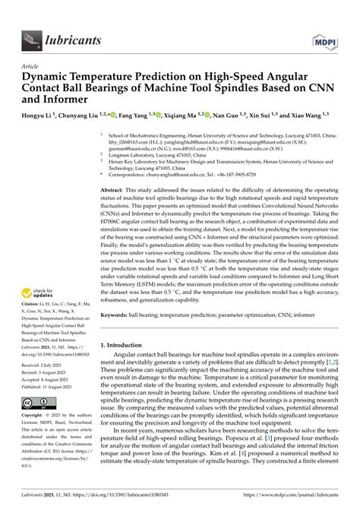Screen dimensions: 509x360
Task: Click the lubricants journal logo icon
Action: point(30,36)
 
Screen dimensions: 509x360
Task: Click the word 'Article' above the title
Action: point(30,66)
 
